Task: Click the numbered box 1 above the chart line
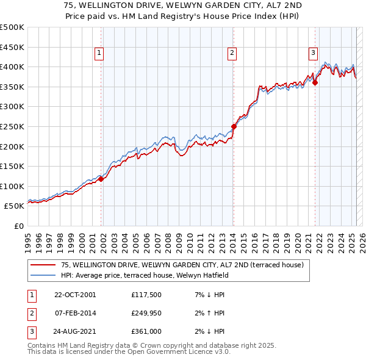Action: coord(99,54)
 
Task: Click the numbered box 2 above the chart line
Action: coord(232,54)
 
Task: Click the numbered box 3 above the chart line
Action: coord(313,54)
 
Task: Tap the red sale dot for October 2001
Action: coord(101,179)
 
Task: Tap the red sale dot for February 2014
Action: coord(234,126)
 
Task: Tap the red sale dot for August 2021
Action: coord(315,83)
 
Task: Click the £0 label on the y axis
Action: coord(20,226)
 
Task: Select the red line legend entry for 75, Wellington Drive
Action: coord(177,265)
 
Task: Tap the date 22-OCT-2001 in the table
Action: coord(75,295)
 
